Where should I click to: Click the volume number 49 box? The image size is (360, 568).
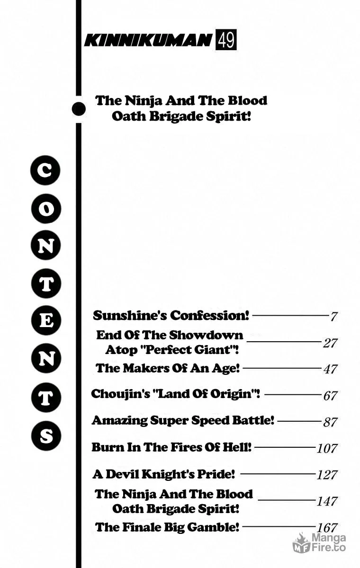click(226, 40)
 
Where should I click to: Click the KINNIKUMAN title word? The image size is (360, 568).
click(148, 40)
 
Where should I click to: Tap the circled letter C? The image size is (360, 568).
click(45, 170)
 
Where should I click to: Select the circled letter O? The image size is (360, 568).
click(46, 208)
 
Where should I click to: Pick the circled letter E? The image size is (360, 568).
click(46, 320)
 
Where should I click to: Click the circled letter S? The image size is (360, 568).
click(46, 435)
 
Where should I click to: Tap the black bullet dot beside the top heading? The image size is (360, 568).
click(79, 109)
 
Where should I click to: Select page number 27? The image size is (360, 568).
click(330, 343)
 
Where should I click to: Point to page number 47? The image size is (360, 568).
click(330, 369)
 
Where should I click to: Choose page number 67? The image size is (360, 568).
click(330, 395)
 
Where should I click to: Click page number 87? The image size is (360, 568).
click(330, 422)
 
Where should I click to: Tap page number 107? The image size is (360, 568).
click(327, 448)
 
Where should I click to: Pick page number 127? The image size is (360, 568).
click(327, 475)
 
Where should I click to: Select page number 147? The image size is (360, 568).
click(327, 501)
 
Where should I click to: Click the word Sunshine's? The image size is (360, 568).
click(130, 315)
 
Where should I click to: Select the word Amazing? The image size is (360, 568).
click(119, 421)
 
